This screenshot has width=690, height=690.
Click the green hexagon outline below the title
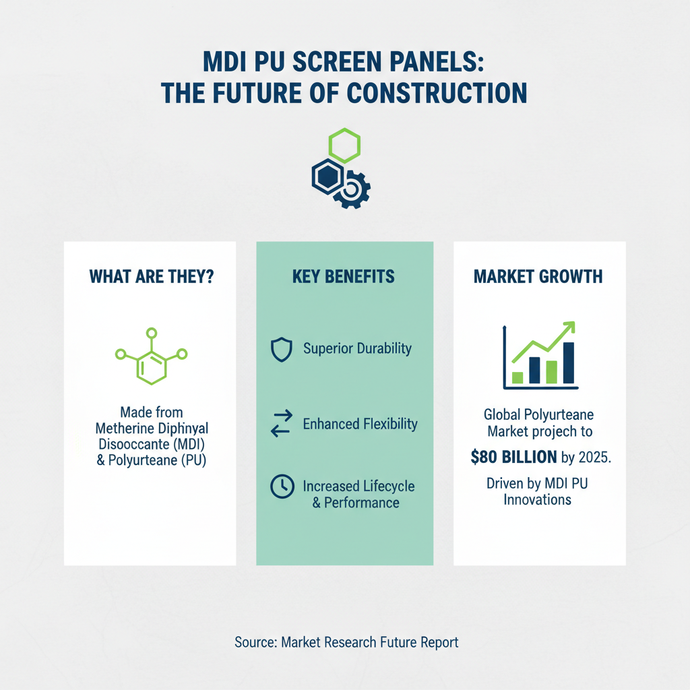pos(344,146)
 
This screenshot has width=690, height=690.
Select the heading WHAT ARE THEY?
pos(151,276)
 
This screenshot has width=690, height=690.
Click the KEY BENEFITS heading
pos(344,276)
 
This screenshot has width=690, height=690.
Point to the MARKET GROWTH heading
pos(538,276)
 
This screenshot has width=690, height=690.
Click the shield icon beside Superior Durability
pos(280,350)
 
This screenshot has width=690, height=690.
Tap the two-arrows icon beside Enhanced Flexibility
pos(280,424)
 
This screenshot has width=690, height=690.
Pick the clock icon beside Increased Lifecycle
pos(280,487)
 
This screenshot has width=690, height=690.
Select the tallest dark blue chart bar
pos(568,363)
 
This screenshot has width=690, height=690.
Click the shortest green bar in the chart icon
pos(517,377)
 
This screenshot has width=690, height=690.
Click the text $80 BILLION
pos(514,458)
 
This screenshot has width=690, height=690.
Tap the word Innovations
pos(538,499)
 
